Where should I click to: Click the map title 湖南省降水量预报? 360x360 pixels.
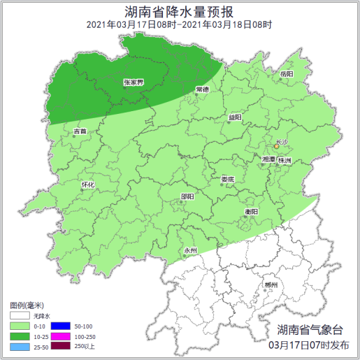click(x=180, y=11)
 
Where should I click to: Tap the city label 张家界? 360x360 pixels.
click(x=133, y=82)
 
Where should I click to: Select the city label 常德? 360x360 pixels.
click(x=203, y=89)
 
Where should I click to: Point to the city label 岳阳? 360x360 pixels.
click(x=287, y=73)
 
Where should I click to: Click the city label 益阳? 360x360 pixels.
click(x=235, y=117)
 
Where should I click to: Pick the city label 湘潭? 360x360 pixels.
click(x=268, y=160)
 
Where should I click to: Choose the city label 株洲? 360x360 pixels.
click(x=284, y=161)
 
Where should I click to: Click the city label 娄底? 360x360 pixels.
click(x=228, y=179)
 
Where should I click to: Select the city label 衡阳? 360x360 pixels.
click(x=252, y=211)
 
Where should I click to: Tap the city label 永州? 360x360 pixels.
click(x=190, y=250)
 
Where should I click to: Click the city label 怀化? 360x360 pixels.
click(x=87, y=185)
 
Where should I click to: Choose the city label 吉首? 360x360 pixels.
click(x=80, y=131)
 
